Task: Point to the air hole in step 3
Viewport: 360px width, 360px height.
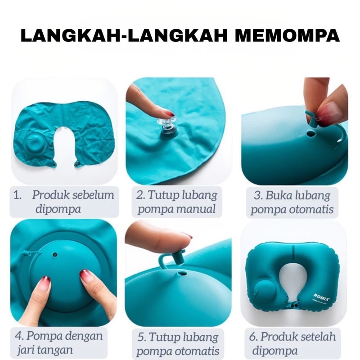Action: [x=311, y=134]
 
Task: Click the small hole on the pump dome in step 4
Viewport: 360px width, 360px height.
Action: [x=55, y=254]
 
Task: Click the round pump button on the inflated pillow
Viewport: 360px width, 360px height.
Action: [x=264, y=290]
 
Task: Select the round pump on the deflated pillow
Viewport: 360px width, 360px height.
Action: [x=35, y=144]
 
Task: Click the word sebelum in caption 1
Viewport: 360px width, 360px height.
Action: [x=93, y=195]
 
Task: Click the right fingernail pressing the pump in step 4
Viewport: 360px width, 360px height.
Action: [x=85, y=275]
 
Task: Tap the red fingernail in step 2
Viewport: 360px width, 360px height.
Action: [x=170, y=113]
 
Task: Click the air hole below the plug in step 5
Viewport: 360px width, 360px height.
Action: [x=183, y=274]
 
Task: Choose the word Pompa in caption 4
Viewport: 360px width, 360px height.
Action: [x=45, y=336]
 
